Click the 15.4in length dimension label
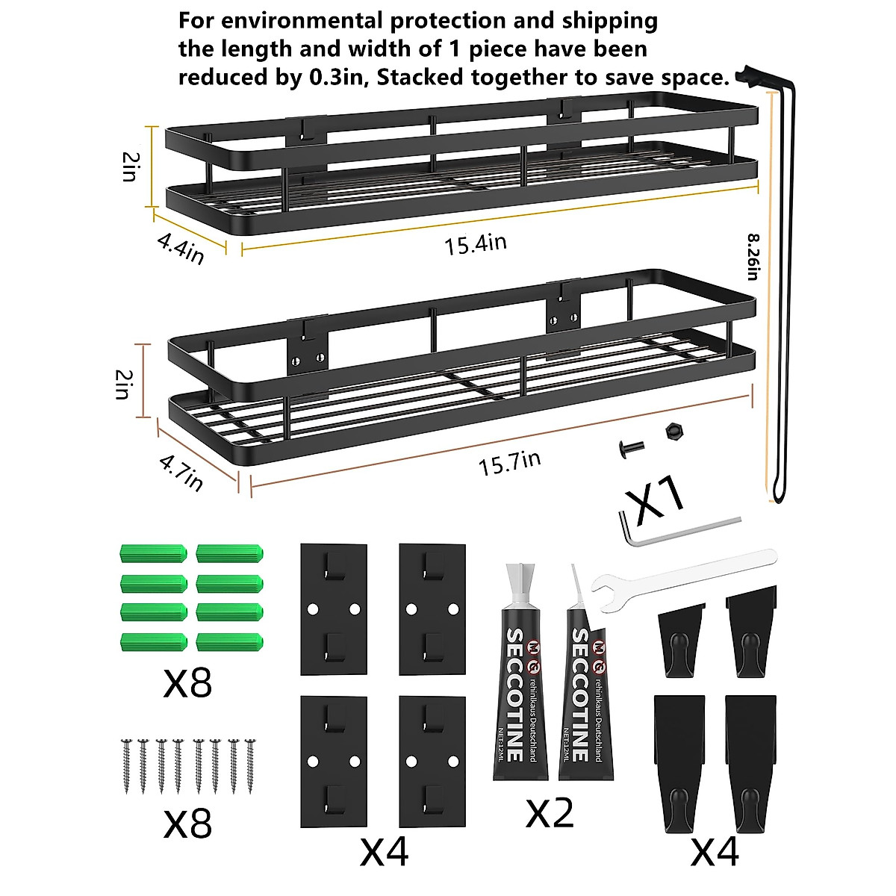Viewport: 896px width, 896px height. (x=476, y=243)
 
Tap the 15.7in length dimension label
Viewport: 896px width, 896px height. (x=509, y=463)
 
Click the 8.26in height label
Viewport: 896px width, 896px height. (x=753, y=257)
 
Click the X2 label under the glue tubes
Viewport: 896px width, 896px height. (x=550, y=812)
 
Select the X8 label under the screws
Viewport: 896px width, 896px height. (x=187, y=823)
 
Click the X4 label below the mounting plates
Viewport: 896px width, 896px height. (x=384, y=851)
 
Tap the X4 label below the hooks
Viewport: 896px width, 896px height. (x=715, y=851)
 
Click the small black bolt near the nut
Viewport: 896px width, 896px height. (x=629, y=449)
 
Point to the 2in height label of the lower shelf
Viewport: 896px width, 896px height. (x=122, y=383)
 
